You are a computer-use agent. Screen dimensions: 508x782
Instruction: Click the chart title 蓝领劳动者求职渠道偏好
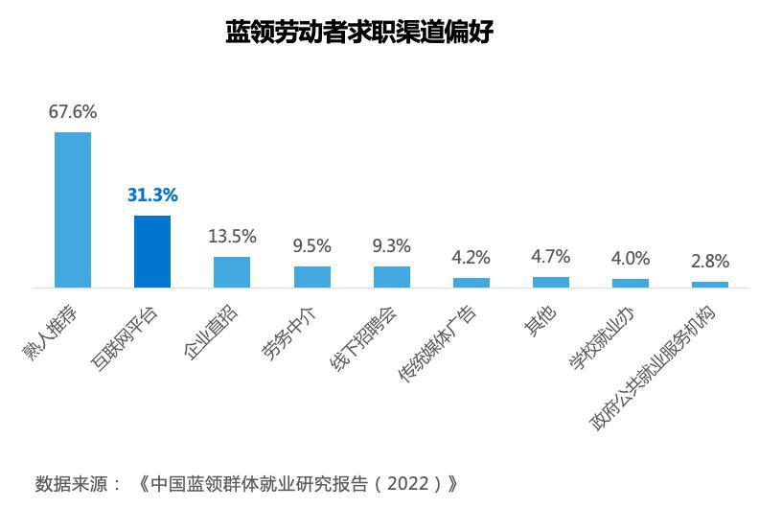click(x=358, y=33)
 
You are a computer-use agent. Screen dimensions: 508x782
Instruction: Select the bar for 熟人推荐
click(x=73, y=209)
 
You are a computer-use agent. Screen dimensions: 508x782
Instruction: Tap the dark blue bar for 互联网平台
click(x=152, y=251)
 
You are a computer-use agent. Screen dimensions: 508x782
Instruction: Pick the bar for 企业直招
click(x=232, y=272)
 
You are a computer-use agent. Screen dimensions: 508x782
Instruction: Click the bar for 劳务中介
click(x=311, y=277)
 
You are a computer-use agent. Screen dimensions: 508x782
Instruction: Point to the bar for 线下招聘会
click(x=391, y=277)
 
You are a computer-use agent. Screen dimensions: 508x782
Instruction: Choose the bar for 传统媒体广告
click(x=471, y=283)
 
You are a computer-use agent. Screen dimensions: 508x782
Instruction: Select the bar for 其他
click(x=550, y=282)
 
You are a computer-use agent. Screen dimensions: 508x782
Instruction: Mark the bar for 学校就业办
click(x=630, y=283)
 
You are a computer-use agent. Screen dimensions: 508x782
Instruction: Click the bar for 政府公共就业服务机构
click(x=709, y=285)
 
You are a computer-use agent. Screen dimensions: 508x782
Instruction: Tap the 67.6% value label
click(x=73, y=112)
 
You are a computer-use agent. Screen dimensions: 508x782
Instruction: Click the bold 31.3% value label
click(x=152, y=196)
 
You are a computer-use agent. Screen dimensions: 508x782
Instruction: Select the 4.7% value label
click(x=550, y=257)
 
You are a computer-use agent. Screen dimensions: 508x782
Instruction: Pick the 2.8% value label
click(x=709, y=261)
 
